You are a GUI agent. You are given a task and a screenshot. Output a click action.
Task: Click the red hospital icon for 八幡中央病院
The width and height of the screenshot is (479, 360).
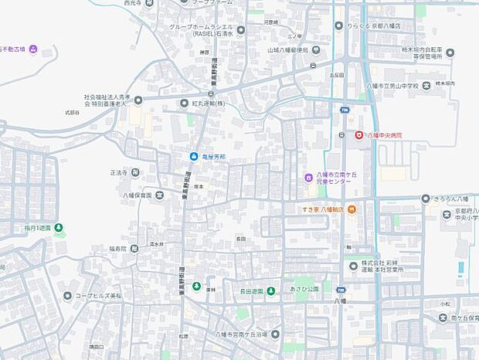358,135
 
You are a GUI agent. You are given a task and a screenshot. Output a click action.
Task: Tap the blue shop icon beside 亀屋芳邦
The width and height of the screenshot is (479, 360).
194,157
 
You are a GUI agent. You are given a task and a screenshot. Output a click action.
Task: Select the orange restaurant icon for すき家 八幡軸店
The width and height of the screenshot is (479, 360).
351,209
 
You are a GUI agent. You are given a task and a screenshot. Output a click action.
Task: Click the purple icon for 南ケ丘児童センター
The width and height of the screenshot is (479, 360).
307,178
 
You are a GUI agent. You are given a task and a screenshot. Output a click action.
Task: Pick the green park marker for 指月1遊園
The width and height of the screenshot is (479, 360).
59,228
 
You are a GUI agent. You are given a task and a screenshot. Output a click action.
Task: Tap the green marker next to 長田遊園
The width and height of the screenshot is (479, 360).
271,291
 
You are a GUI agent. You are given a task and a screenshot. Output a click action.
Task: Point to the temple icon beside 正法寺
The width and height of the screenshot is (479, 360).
135,172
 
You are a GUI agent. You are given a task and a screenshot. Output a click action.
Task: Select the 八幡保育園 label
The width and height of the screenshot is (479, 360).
136,195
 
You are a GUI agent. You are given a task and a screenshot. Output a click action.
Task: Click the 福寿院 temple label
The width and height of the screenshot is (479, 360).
117,249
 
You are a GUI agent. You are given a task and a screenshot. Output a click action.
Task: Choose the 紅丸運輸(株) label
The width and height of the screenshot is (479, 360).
209,103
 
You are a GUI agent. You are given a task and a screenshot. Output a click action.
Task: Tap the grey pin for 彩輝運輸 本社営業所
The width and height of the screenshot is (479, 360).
354,266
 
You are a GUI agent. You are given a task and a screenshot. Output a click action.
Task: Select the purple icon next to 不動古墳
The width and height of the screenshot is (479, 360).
33,51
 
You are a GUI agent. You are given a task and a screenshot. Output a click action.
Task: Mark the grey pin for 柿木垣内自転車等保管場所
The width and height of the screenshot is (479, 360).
450,52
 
